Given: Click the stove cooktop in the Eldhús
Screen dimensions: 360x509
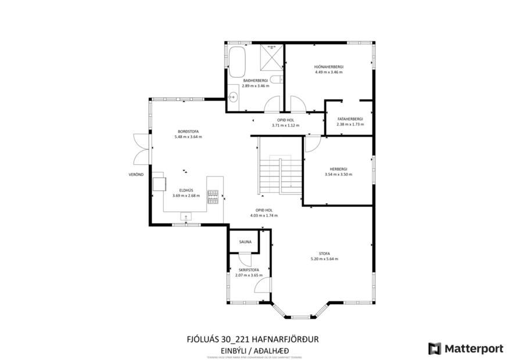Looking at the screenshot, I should click(214, 197).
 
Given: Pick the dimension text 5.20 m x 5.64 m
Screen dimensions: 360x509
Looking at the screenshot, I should click(324, 259).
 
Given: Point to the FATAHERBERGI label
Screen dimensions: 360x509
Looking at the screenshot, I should click(350, 118).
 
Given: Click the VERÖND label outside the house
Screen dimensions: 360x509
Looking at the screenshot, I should click(136, 174).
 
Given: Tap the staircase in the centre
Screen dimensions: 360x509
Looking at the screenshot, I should click(280, 177).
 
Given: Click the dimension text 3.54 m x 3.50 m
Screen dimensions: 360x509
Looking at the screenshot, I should click(338, 174).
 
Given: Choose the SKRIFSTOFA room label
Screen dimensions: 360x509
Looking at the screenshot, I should click(248, 270).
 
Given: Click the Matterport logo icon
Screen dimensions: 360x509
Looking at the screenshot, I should click(434, 348).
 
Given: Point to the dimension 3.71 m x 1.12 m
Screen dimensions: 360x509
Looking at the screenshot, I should click(285, 125).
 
